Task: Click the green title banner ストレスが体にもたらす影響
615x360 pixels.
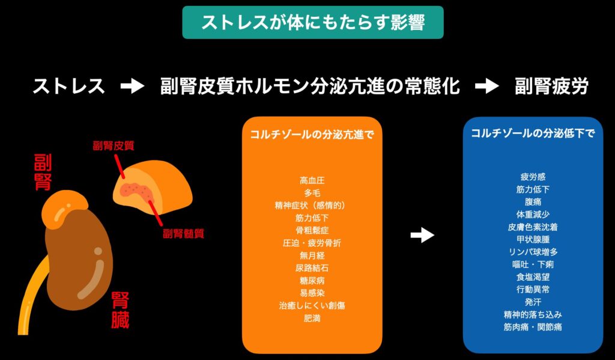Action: pos(312,22)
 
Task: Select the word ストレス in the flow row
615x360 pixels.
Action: pos(68,87)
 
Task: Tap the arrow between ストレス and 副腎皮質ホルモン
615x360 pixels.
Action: pos(132,87)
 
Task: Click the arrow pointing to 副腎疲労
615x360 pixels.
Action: pos(486,87)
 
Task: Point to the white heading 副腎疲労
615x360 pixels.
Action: pos(551,87)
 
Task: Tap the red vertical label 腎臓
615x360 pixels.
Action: pos(120,311)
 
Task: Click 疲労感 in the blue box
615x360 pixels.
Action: pos(533,177)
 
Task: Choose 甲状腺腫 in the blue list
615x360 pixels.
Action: pos(533,239)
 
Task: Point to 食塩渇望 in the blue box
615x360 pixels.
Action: pos(533,276)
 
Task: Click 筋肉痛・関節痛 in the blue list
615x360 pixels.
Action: pos(533,327)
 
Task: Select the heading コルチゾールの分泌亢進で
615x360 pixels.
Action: pos(312,134)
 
